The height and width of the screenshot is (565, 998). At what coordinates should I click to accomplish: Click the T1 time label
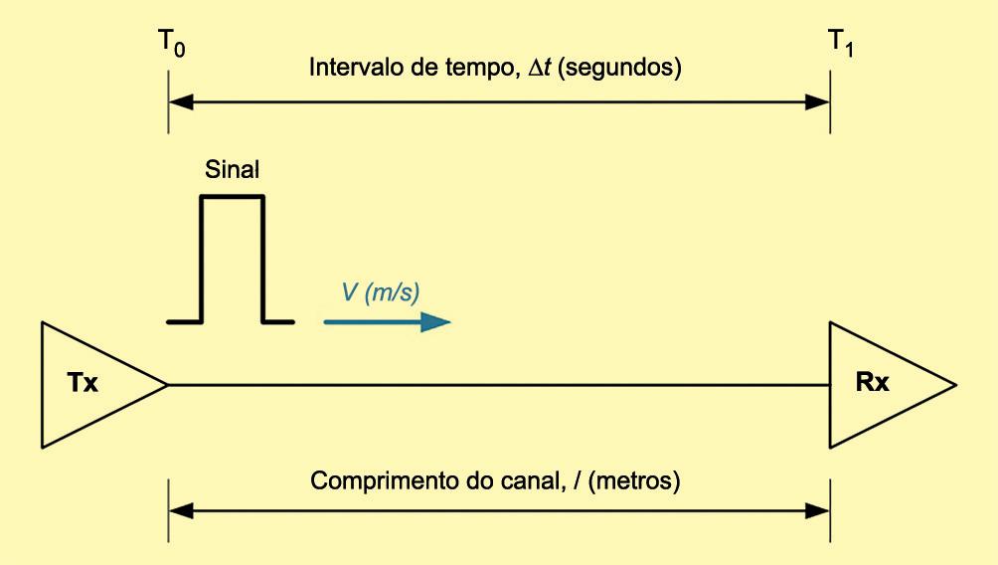[x=832, y=45]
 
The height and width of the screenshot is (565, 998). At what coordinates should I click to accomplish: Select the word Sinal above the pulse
[x=232, y=169]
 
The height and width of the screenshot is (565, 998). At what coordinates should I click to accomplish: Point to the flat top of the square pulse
[x=233, y=197]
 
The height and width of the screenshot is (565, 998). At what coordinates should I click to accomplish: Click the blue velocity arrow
[x=387, y=322]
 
